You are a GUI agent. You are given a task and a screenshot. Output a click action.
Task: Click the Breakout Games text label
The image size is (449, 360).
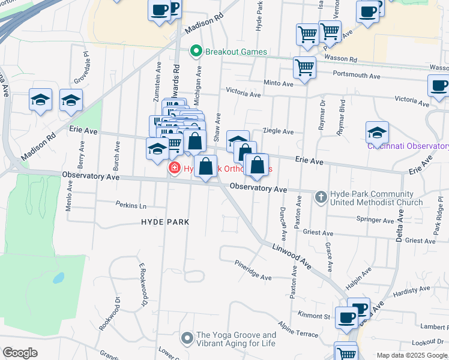point(236,52)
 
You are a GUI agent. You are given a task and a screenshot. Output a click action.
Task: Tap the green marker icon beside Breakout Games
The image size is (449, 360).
point(195,52)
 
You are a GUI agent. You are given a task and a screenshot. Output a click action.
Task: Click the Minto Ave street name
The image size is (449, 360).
point(278,84)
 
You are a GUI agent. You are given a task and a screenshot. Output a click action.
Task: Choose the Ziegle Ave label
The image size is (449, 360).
point(279,131)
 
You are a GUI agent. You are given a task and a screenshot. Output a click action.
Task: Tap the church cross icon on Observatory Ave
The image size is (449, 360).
point(321,196)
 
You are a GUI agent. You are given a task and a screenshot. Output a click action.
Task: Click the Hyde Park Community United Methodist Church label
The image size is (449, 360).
point(376,198)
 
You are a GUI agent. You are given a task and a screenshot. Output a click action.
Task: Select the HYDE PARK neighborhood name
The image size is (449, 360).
point(165,222)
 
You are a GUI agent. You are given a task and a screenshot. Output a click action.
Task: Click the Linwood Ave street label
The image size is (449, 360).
point(291,255)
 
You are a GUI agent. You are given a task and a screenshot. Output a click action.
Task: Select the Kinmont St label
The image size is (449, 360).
point(315,316)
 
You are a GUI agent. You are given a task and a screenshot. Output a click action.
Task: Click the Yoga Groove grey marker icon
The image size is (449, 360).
point(187,339)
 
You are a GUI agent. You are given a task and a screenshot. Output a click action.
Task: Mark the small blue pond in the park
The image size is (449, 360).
point(58,278)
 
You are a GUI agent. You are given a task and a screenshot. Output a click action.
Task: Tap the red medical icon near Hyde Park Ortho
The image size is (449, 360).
point(175,169)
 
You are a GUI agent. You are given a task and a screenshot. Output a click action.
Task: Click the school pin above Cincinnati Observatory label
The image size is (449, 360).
point(377,132)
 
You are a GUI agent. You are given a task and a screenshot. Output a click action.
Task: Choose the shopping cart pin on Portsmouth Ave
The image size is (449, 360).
point(305,68)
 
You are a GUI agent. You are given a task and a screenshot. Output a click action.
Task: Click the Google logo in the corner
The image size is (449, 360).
point(20,353)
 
